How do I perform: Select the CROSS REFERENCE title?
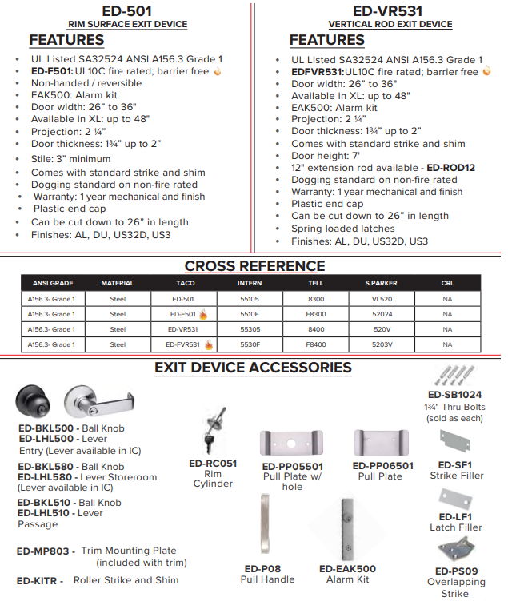[x=254, y=266]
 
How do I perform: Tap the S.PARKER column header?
[x=381, y=283]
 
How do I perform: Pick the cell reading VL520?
[x=381, y=298]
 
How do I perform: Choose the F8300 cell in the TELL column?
[x=316, y=314]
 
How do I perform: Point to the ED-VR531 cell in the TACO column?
[x=183, y=329]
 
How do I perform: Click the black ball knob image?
[x=37, y=402]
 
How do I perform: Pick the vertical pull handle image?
[x=266, y=528]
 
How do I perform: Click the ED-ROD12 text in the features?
[x=451, y=168]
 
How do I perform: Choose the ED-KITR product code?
[x=37, y=581]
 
